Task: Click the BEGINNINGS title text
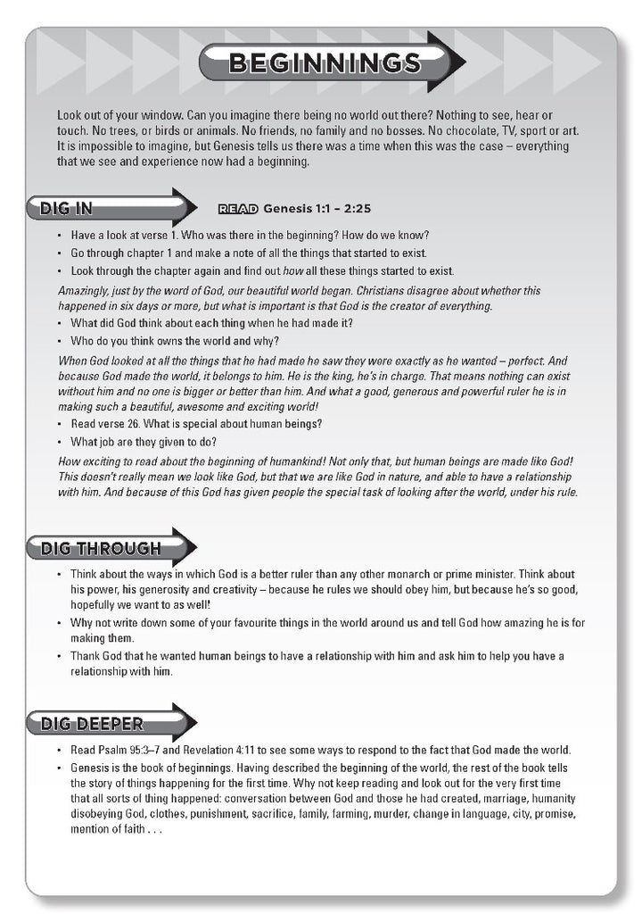coord(325,62)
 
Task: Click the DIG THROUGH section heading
coord(101,548)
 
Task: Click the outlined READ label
coord(238,210)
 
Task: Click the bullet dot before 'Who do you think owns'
coord(60,341)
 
